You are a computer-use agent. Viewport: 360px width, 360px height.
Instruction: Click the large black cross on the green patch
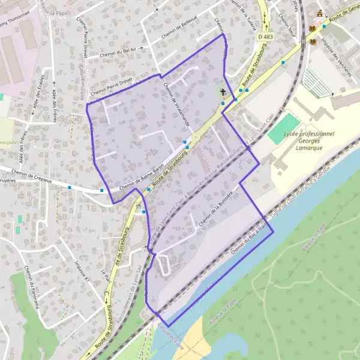click(x=223, y=92)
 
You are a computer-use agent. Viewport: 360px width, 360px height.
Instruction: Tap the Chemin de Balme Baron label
click(x=142, y=180)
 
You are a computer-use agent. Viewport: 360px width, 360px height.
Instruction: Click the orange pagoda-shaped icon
click(x=320, y=15)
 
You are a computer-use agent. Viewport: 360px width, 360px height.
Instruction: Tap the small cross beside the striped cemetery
click(x=332, y=94)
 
